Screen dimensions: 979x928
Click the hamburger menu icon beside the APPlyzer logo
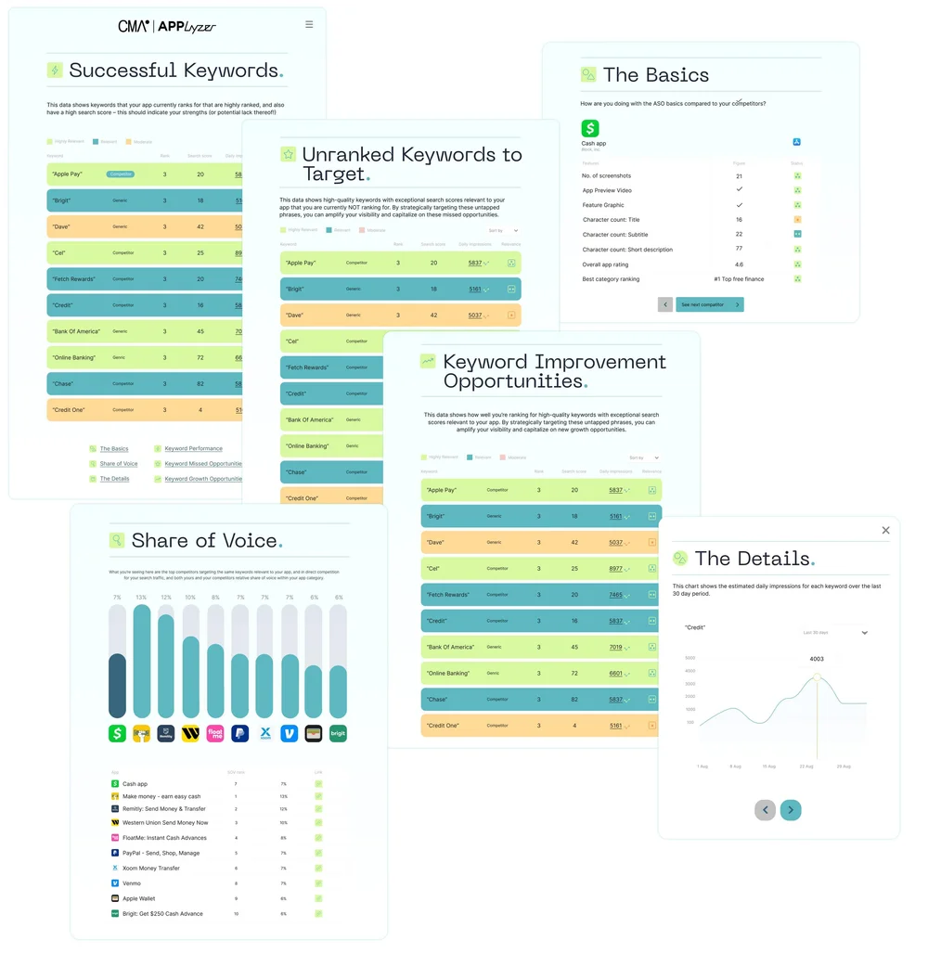[309, 25]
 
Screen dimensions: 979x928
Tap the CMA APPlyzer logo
[167, 26]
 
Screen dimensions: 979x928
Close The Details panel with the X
[885, 530]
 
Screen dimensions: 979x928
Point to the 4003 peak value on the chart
[817, 659]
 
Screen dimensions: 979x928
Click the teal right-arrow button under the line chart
[791, 810]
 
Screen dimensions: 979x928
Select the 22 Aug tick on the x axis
[806, 766]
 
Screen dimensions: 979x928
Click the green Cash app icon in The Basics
[590, 129]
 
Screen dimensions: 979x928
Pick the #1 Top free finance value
[739, 279]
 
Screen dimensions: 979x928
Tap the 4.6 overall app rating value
[739, 264]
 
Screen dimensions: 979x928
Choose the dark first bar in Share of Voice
[117, 686]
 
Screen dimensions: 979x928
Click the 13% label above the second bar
[141, 598]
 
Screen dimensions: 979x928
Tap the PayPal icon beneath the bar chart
[239, 733]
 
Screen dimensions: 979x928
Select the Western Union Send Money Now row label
[165, 823]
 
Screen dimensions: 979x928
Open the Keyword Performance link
[193, 449]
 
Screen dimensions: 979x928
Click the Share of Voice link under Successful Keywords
[119, 464]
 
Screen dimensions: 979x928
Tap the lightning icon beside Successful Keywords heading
[56, 71]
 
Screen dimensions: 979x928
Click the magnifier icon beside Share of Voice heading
[118, 540]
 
